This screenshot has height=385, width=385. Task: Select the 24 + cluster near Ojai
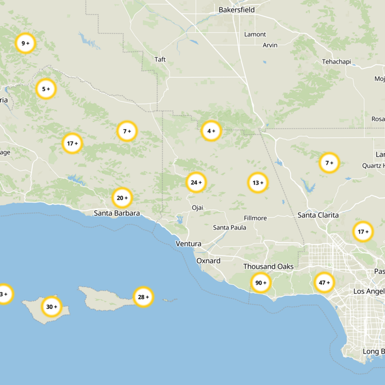pos(196,182)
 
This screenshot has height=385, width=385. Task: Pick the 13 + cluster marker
pos(258,183)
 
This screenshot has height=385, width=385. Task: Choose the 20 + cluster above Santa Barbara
pos(122,197)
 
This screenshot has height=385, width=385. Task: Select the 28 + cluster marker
pos(143,297)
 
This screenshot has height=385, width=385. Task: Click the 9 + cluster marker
pos(25,43)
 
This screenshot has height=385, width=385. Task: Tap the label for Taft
pos(160,60)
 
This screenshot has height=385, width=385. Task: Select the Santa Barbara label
pos(117,213)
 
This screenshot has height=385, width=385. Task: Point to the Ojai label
pos(197,207)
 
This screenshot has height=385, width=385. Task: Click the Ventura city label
pos(188,244)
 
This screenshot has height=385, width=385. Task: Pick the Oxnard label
pos(208,261)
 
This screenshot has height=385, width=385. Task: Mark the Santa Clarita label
pos(318,215)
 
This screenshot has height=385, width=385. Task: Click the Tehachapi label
pos(336,62)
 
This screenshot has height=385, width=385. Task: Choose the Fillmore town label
pos(255,218)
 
